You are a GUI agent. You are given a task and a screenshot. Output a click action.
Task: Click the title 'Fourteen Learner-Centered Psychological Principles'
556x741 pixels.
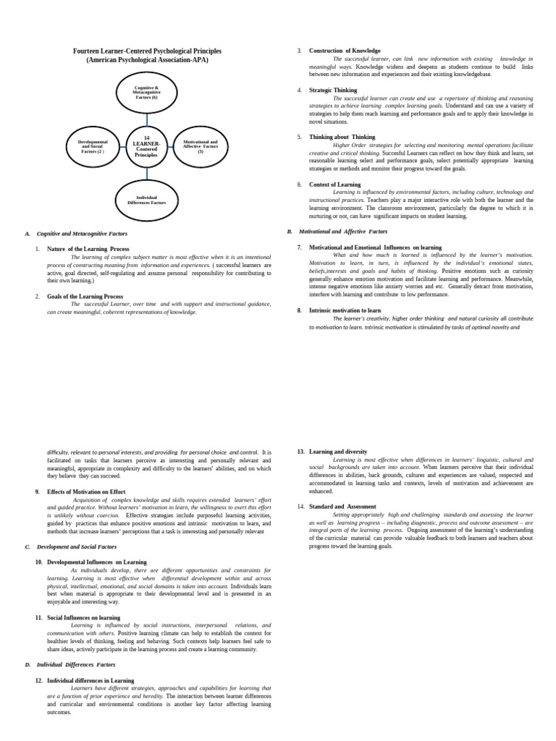point(147,51)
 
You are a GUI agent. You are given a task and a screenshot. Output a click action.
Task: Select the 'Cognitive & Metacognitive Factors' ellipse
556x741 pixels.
point(146,93)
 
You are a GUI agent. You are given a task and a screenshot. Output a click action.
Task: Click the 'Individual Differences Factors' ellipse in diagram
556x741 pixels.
point(146,199)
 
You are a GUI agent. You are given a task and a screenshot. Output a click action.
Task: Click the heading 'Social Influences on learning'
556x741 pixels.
point(84,617)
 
